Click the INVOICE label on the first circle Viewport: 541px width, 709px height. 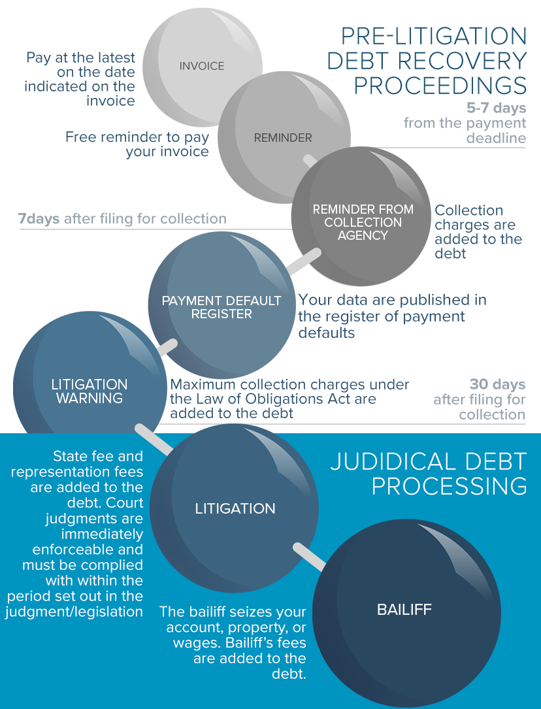202,66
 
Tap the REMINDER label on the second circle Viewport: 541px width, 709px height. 283,138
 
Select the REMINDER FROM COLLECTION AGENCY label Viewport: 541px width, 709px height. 363,222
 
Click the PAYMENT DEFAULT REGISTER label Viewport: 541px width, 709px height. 221,307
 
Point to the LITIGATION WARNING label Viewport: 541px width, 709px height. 90,391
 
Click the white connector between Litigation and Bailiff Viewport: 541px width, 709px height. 310,555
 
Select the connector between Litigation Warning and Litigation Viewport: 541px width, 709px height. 153,438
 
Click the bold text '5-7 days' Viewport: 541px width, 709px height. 501,108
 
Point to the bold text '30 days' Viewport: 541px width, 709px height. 498,384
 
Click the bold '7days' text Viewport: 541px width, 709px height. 39,219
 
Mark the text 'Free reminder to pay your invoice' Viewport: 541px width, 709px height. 137,144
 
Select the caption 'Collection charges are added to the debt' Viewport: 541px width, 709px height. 478,231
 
